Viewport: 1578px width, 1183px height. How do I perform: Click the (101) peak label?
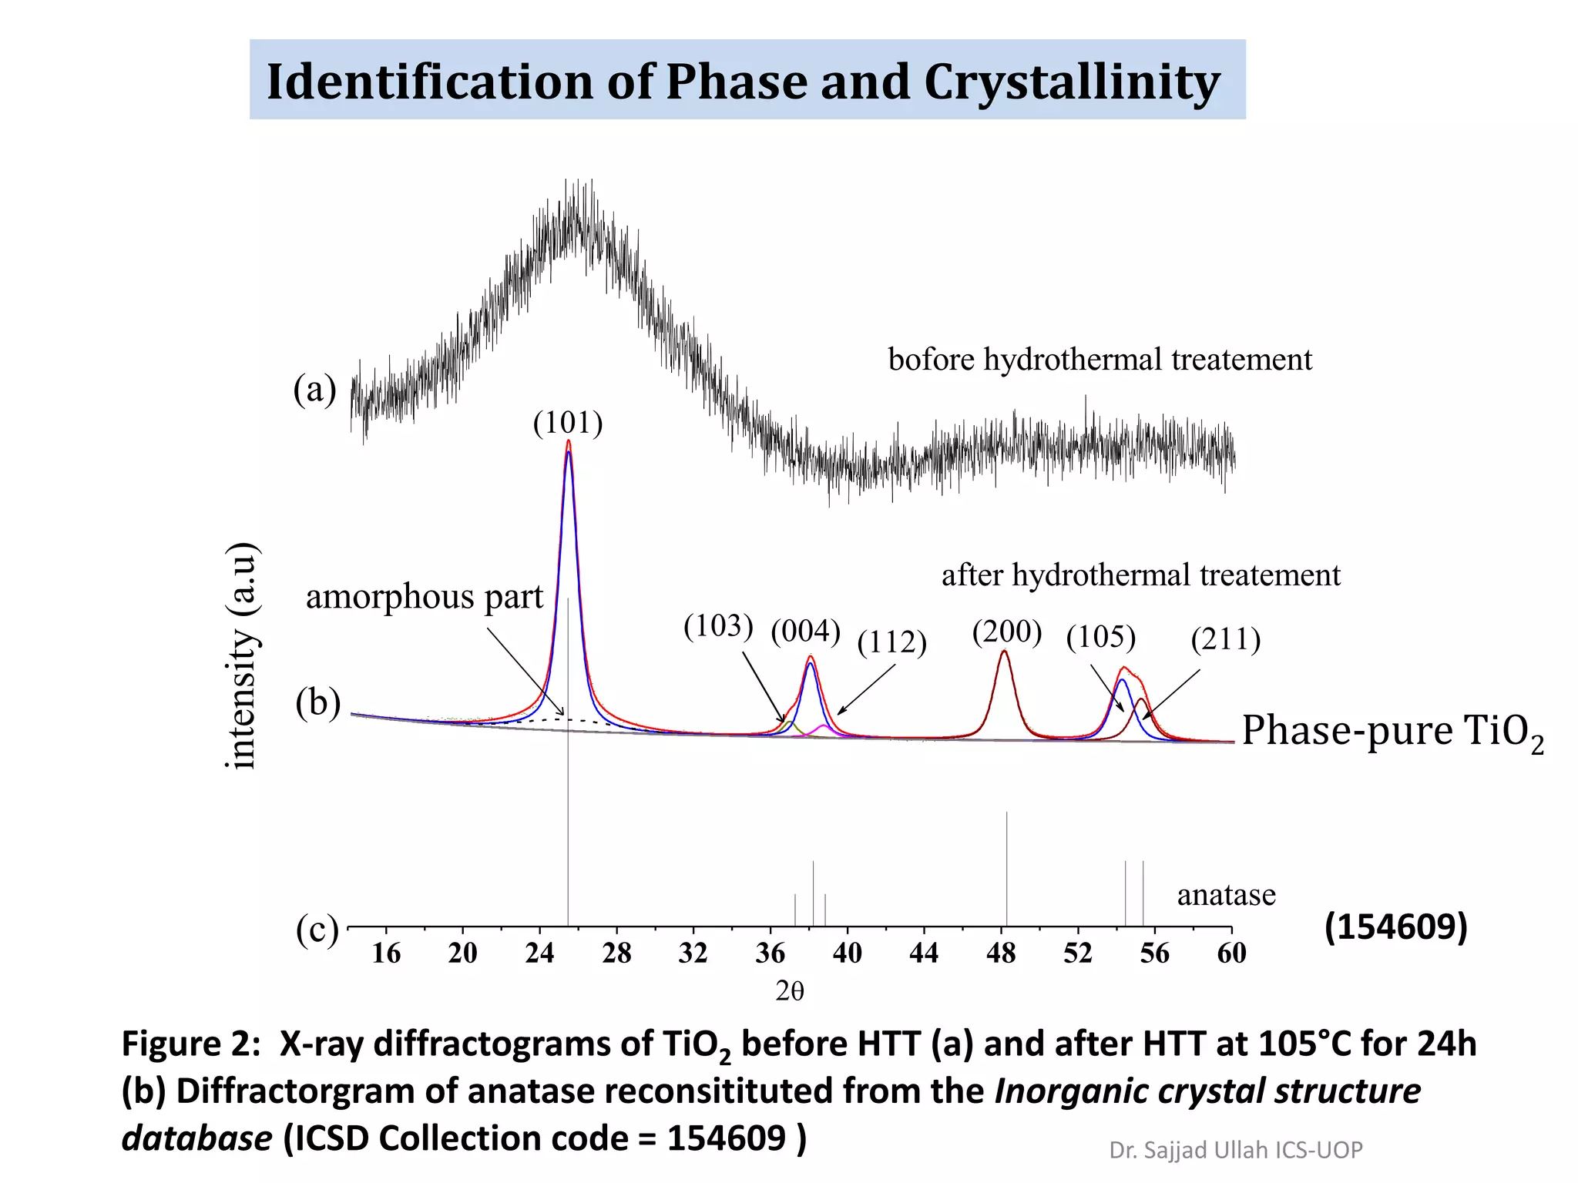(x=568, y=423)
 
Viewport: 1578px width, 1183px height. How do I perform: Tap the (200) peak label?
(x=1006, y=632)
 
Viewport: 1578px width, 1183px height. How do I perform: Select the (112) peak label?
(x=891, y=642)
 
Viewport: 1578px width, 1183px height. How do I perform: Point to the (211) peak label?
(x=1225, y=639)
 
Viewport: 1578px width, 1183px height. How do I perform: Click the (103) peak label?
(x=717, y=626)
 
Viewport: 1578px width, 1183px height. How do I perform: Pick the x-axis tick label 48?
(x=1000, y=953)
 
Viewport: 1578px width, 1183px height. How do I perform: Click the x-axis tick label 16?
(x=386, y=953)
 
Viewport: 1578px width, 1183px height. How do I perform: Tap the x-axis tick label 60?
(x=1231, y=953)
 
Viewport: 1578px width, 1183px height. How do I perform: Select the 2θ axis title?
(x=790, y=991)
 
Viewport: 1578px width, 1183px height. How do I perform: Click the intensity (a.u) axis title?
(x=242, y=655)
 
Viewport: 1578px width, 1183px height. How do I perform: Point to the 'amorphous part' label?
(x=425, y=597)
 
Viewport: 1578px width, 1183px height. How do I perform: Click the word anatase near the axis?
(x=1226, y=895)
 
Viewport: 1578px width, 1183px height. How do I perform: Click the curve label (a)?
(x=314, y=389)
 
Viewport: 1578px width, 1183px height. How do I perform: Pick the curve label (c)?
(x=317, y=930)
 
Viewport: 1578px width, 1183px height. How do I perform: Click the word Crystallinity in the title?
(x=1072, y=82)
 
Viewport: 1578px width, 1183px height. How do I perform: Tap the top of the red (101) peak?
(x=569, y=441)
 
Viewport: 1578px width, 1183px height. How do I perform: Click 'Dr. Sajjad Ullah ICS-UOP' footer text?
(x=1235, y=1150)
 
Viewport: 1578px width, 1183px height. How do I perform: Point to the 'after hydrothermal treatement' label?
(x=1140, y=575)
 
